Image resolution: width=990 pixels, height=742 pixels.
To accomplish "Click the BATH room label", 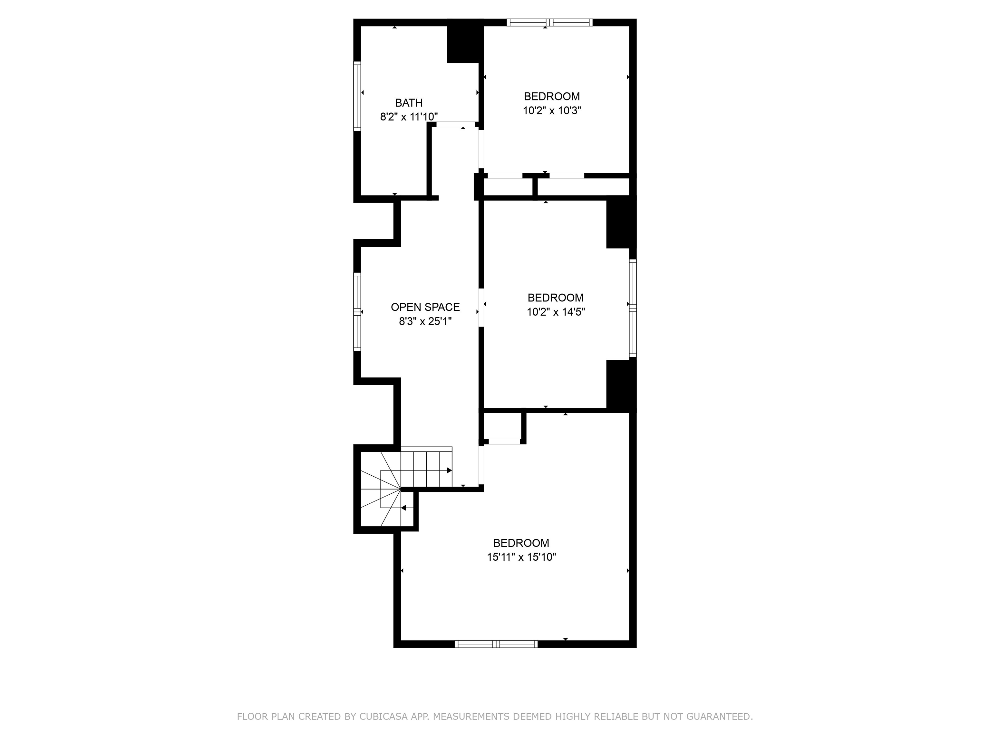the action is coord(409,103).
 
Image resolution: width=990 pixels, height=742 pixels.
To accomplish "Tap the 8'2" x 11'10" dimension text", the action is coord(409,117).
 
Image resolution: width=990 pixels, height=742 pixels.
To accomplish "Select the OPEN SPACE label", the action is coord(425,307).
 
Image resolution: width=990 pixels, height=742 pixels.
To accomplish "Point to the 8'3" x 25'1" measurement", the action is coord(425,321).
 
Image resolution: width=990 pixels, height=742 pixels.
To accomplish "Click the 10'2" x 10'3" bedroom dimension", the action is coord(552,110).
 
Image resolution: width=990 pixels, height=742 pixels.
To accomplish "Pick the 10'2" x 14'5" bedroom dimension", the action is coord(556,312).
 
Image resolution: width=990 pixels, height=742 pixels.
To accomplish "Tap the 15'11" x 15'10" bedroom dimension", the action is coord(521,557).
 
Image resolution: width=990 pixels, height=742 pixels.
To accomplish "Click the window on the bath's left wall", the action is coord(357,96).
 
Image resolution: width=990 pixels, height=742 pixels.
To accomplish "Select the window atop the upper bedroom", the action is coord(549,22).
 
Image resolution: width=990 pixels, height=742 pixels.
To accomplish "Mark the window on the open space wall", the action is coord(357,312).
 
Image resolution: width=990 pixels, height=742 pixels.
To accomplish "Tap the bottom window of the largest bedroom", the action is coord(496,644).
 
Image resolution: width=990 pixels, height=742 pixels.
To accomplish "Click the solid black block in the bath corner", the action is coord(465,44).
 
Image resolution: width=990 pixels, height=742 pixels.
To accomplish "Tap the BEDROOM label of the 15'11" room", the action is coord(521,543).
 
